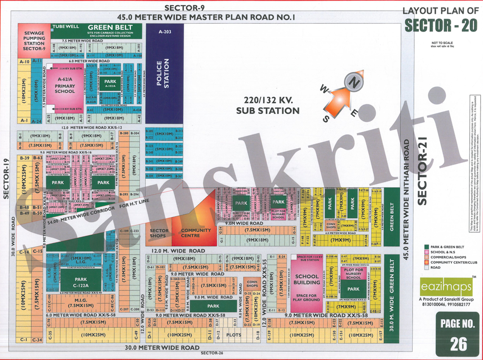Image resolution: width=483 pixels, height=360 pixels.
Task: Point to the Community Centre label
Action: click(196, 233)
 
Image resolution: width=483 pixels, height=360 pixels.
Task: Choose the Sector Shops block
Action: click(159, 233)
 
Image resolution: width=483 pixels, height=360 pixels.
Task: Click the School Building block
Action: click(307, 280)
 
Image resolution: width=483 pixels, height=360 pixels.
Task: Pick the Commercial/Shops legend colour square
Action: click(427, 257)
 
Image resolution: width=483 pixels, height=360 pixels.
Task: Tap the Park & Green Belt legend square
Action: click(427, 247)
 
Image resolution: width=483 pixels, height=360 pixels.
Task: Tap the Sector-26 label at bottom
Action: click(212, 353)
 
